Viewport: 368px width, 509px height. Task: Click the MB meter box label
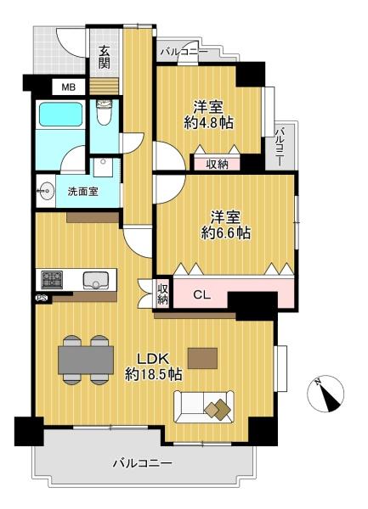(x=69, y=87)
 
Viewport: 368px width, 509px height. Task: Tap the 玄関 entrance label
(x=105, y=58)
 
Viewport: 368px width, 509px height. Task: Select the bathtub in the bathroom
(x=60, y=115)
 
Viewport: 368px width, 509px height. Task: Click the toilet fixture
(x=105, y=113)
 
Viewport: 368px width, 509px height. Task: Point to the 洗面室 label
(x=83, y=192)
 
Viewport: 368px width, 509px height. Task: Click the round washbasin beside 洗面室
(x=44, y=191)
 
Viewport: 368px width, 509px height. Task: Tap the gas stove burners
(x=52, y=279)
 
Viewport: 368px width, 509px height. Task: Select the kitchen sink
(x=95, y=280)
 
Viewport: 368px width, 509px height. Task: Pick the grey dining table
(x=86, y=360)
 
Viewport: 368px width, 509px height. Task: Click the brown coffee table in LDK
(x=202, y=358)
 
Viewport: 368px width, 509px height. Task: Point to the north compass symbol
(x=326, y=394)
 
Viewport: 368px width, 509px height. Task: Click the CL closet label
(x=202, y=295)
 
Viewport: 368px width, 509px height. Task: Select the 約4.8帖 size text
(x=209, y=123)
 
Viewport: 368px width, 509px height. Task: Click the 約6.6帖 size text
(x=225, y=232)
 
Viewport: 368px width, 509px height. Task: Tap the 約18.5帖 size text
(x=154, y=375)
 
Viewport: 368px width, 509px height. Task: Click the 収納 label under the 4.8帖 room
(x=217, y=165)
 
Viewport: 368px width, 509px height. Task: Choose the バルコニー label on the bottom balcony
(x=142, y=463)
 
